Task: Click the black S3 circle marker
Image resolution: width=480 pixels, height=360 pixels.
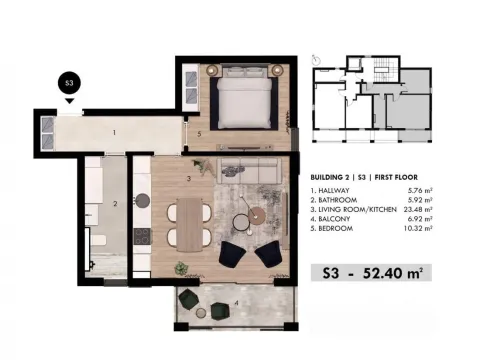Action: [69, 83]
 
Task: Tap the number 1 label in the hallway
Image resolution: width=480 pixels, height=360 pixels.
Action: [115, 131]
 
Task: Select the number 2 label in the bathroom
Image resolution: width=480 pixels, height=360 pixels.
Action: [115, 204]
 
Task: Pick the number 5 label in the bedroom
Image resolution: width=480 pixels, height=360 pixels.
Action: [199, 133]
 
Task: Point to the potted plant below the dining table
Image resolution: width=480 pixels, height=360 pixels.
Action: [181, 267]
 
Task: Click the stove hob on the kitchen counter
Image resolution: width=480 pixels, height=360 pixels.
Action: [141, 237]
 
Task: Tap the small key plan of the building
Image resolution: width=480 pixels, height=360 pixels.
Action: [371, 104]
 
